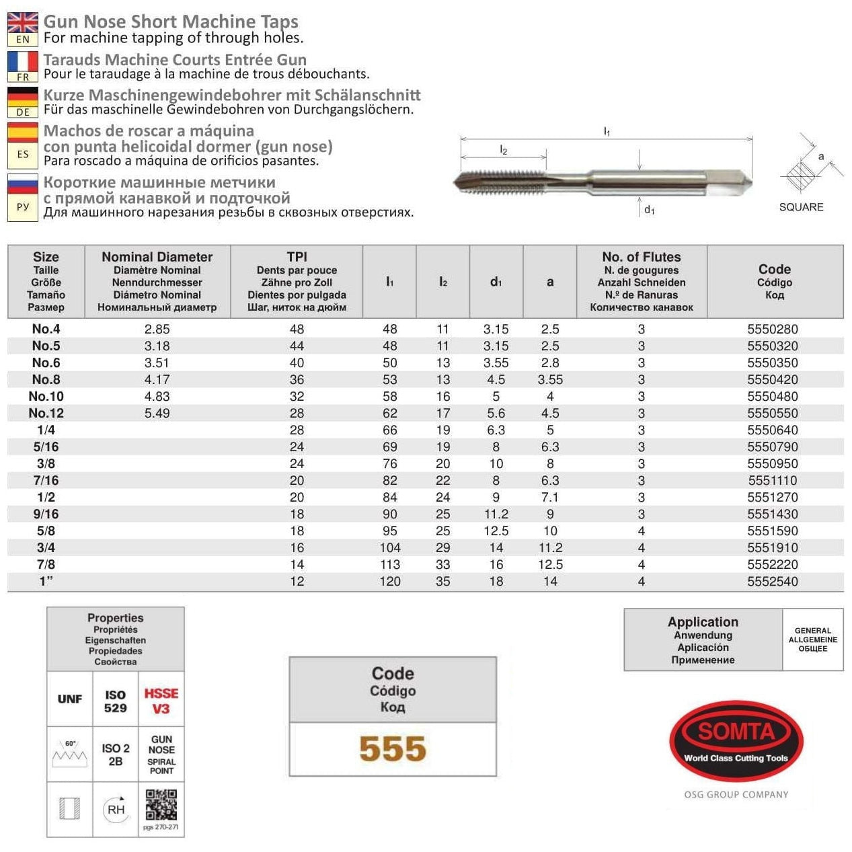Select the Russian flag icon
coord(22,184)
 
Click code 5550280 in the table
coord(773,329)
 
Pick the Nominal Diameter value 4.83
coord(157,396)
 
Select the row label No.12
coord(46,413)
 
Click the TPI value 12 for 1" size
coord(297,581)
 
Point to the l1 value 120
coord(389,581)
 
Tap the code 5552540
coord(773,581)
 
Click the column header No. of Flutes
coord(641,257)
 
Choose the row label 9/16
coord(46,514)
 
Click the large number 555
coord(393,748)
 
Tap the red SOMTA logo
coord(736,740)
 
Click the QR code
coord(161,805)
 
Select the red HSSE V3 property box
coord(161,700)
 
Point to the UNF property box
coord(70,699)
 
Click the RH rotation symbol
coord(116,809)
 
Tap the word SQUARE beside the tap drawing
coord(801,207)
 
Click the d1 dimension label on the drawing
coord(649,210)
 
